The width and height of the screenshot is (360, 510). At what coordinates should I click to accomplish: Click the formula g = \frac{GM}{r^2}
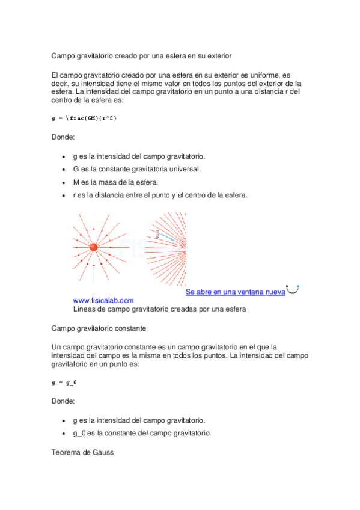coord(84,118)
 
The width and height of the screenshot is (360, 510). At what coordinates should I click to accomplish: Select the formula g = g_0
coord(64,382)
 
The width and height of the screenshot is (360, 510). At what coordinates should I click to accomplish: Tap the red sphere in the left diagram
coord(93,247)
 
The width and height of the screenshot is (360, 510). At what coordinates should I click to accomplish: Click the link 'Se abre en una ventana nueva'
coord(235,292)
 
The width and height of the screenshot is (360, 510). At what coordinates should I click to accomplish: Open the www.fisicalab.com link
coord(103,300)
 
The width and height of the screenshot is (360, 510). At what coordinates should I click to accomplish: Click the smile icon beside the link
coord(293,290)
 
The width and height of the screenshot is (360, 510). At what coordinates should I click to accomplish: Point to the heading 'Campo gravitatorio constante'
coord(99,329)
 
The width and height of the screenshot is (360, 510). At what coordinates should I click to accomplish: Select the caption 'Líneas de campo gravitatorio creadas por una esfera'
coord(160,309)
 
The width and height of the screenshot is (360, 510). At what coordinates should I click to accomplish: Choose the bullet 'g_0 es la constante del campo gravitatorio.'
coord(142,433)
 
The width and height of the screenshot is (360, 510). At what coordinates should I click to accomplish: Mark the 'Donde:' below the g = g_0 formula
coord(63,401)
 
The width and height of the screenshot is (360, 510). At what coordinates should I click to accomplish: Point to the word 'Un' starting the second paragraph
coord(56,347)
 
